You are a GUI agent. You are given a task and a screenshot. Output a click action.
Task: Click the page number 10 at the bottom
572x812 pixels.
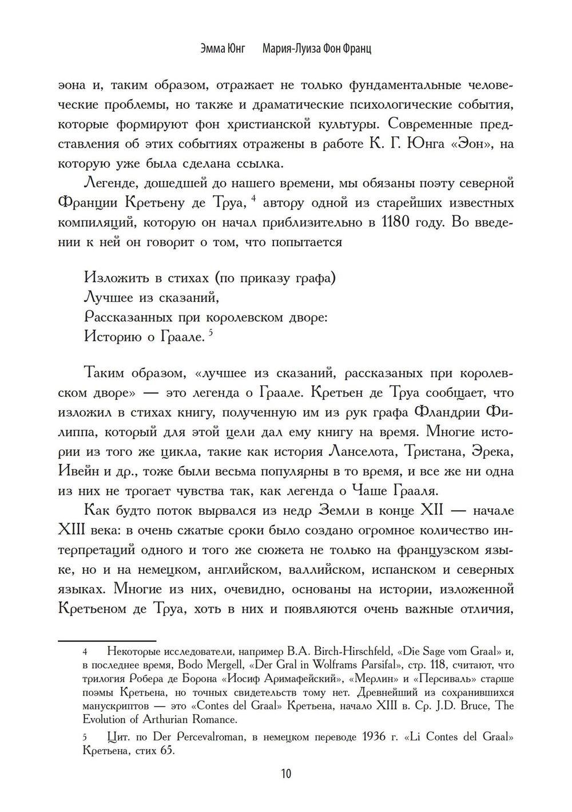tap(286, 774)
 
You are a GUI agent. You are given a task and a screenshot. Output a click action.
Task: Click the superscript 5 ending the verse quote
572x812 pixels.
tap(210, 332)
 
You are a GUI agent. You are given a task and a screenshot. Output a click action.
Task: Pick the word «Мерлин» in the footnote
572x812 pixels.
tap(367, 679)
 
